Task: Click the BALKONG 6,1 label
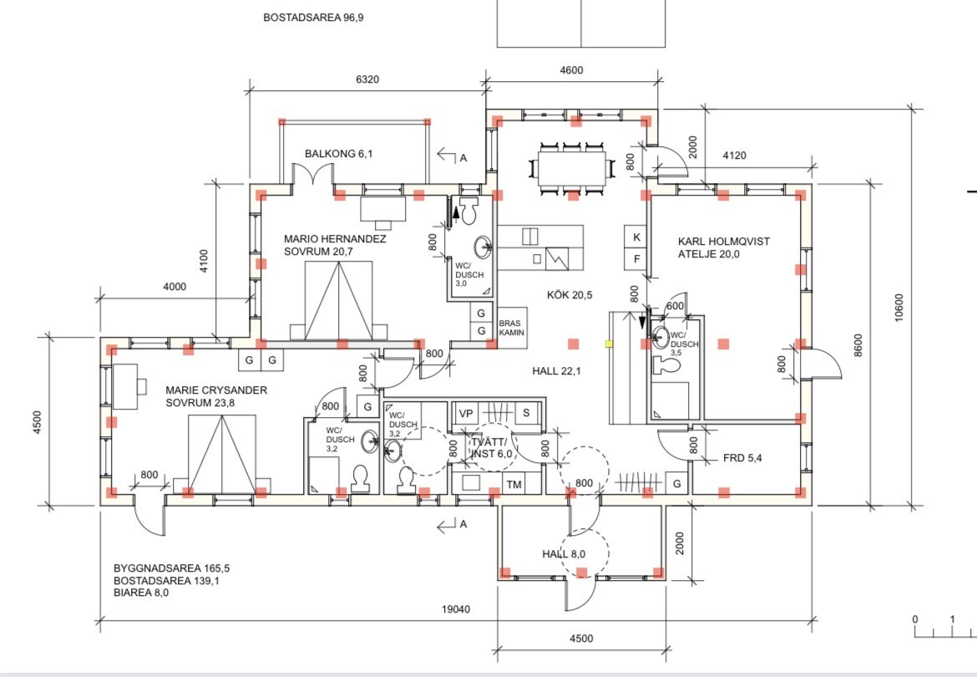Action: tap(338, 153)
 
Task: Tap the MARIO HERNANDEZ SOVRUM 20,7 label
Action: tap(335, 245)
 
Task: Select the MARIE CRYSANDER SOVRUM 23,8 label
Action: tap(216, 396)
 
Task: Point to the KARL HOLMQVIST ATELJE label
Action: tap(724, 247)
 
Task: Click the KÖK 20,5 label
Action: tap(569, 295)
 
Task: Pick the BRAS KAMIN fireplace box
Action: tap(512, 328)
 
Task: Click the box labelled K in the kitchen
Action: tap(636, 237)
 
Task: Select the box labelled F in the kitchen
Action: tap(636, 259)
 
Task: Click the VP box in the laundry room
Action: tap(465, 414)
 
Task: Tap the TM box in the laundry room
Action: tap(514, 485)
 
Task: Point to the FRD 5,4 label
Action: tap(742, 458)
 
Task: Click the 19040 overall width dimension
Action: tap(456, 609)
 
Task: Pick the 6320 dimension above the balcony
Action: tap(367, 79)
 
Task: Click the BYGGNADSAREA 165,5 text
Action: tap(171, 568)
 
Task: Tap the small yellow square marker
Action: tap(610, 344)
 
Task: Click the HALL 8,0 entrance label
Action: tap(564, 554)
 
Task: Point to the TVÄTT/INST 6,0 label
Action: tap(492, 448)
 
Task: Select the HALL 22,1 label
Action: tap(556, 371)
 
